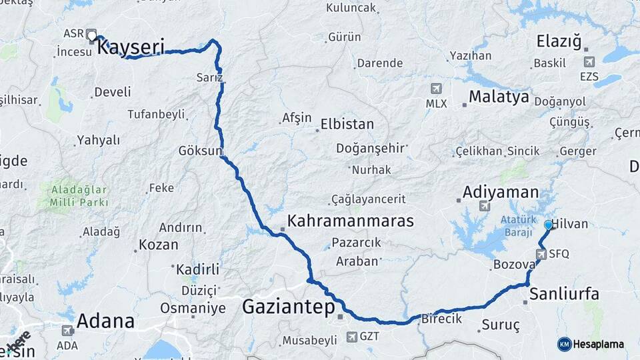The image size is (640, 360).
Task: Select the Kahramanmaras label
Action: (x=351, y=221)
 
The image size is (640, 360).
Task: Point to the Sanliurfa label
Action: (x=564, y=294)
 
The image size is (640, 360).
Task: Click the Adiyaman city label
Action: (x=501, y=193)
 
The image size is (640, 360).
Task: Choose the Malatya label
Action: (x=499, y=97)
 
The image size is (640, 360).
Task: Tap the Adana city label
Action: (x=105, y=321)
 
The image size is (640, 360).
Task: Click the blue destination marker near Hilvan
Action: (x=548, y=225)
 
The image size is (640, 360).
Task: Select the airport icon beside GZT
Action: (x=352, y=337)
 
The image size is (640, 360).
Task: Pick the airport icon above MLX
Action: (x=436, y=88)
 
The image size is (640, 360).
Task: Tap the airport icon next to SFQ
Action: (x=541, y=253)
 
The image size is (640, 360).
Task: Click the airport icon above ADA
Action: (x=67, y=331)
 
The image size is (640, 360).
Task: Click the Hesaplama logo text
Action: (x=598, y=344)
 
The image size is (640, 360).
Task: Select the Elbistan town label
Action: (x=347, y=125)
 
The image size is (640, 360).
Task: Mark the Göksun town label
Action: (x=199, y=151)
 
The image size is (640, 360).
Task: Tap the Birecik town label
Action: (x=441, y=319)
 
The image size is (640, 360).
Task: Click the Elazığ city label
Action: (x=560, y=42)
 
